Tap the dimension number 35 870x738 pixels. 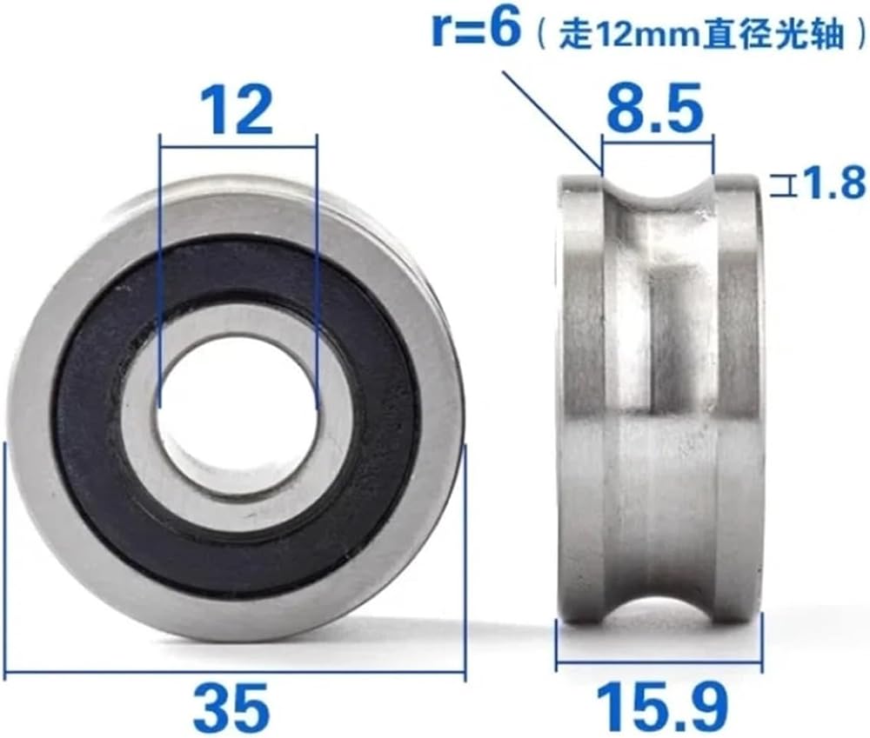click(x=234, y=708)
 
